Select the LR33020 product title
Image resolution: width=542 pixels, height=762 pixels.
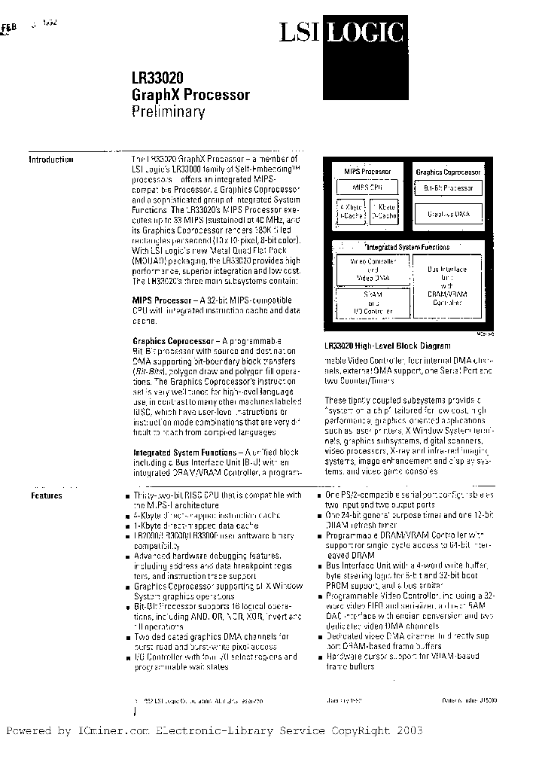point(157,78)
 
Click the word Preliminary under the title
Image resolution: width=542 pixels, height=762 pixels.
point(169,113)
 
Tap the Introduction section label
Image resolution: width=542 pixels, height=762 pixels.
point(51,160)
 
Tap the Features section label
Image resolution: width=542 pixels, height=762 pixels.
point(47,495)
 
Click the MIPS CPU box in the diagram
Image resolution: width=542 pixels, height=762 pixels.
point(367,187)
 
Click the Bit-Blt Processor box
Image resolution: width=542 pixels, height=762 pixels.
point(449,187)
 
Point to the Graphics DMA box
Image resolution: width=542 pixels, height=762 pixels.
point(449,215)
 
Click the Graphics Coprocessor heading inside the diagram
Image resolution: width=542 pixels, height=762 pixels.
point(449,172)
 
